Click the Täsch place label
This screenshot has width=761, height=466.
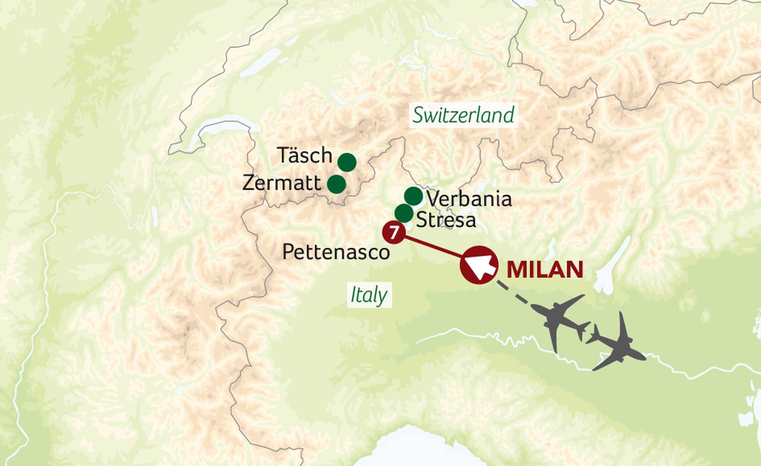(304, 155)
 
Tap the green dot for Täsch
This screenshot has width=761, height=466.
(347, 162)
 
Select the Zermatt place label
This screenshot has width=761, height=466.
(281, 183)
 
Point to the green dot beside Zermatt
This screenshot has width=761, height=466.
(337, 184)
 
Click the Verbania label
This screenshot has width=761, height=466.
(469, 199)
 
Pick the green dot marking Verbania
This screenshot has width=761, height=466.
(413, 196)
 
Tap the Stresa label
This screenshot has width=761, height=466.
(446, 220)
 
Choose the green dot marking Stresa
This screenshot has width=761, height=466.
(404, 213)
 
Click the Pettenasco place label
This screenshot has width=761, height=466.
(336, 252)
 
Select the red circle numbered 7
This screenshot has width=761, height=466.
(393, 233)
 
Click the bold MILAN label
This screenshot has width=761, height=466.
(545, 270)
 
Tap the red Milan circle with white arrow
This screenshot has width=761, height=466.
(479, 265)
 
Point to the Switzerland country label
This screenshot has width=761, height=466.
(463, 115)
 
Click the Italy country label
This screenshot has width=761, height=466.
(369, 295)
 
